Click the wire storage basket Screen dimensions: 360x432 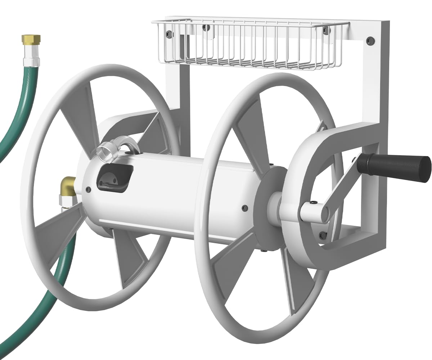point(248,45)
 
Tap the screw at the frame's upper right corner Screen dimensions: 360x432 point(369,41)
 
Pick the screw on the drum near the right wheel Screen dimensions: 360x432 point(245,208)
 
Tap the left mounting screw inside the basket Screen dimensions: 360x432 point(169,34)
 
